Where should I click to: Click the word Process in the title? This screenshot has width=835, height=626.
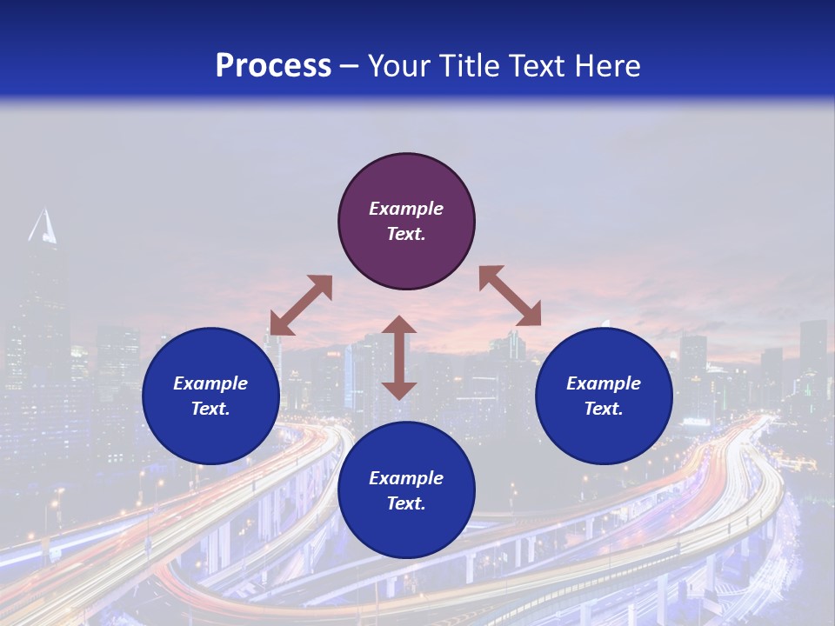pos(273,66)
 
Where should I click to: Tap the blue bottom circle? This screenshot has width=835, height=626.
pos(406,523)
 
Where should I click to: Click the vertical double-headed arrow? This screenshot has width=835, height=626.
pos(399,357)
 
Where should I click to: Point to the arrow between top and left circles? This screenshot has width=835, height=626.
pos(301,305)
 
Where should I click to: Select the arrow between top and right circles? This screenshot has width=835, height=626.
pos(510,296)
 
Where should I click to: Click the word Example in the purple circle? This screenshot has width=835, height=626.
pos(406,209)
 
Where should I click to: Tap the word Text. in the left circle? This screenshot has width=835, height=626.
pos(210,409)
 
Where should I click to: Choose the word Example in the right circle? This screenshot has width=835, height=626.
pos(604,383)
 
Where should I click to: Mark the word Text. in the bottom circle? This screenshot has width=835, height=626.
pos(406,503)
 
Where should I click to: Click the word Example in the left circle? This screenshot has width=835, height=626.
pos(210,383)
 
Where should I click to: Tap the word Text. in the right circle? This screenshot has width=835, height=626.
pos(604,409)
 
